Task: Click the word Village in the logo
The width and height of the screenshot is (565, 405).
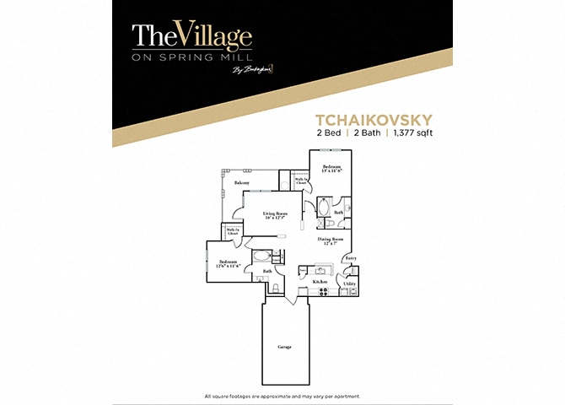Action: click(x=214, y=36)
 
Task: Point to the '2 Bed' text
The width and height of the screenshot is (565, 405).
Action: click(x=328, y=132)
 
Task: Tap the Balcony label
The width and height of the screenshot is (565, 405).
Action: click(x=242, y=182)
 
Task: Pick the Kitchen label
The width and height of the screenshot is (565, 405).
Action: click(x=320, y=281)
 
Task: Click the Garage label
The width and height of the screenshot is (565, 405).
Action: click(x=286, y=347)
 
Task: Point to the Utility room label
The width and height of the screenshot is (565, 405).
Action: click(x=349, y=283)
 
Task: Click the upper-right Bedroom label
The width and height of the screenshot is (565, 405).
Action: click(x=331, y=170)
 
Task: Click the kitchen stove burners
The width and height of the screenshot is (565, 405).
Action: click(x=322, y=292)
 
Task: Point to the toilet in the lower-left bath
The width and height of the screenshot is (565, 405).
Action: click(x=275, y=289)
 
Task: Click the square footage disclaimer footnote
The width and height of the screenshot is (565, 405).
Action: click(x=282, y=396)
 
